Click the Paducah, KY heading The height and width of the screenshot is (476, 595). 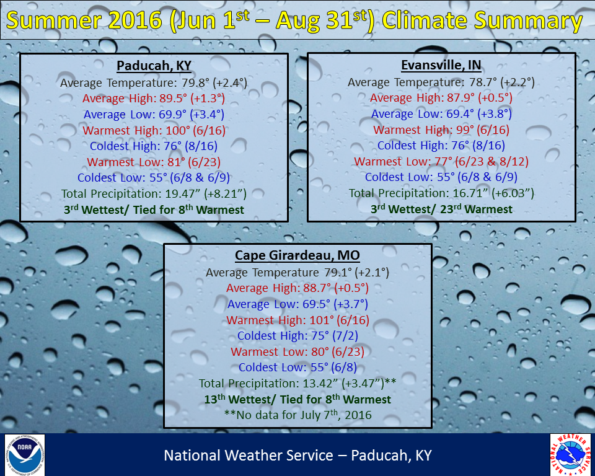point(154,66)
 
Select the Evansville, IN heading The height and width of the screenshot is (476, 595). point(441,65)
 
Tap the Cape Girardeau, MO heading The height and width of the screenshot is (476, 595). point(297,255)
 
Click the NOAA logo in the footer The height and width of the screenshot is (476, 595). point(25,455)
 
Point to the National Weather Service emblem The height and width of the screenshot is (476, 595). point(570,455)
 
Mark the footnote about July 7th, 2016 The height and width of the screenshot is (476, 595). point(298,415)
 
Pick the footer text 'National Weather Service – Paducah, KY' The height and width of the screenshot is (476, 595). point(298,455)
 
